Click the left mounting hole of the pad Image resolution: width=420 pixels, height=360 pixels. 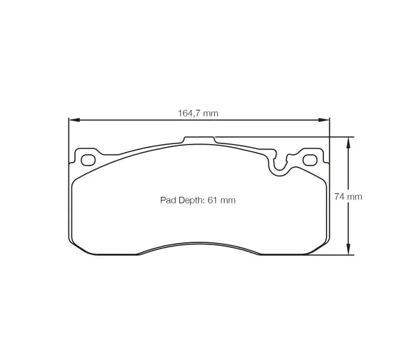(x=88, y=160)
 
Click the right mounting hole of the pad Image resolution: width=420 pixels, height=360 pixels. (x=310, y=160)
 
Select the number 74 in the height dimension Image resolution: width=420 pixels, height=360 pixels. (x=339, y=196)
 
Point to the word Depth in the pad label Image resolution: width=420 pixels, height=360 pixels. (x=191, y=200)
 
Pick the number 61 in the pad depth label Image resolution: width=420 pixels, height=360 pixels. (x=212, y=200)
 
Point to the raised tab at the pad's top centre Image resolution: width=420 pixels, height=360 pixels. (x=199, y=139)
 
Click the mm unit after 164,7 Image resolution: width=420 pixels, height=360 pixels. (x=210, y=113)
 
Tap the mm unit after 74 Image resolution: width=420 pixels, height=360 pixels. (x=355, y=196)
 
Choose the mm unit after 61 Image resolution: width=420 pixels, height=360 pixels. (x=228, y=200)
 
